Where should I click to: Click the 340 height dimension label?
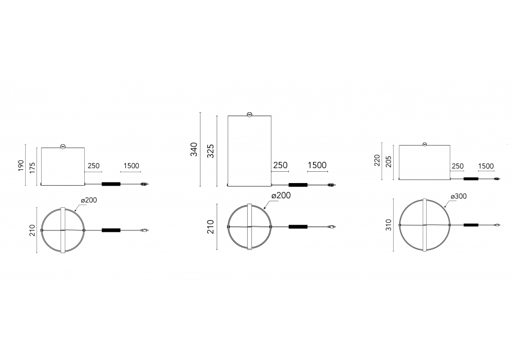coord(194,150)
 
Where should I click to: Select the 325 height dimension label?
coord(211,151)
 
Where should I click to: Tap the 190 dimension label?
coord(21,166)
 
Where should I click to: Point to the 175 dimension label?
coord(32,167)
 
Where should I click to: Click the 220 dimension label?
coord(377,160)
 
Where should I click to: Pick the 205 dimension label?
coord(389,161)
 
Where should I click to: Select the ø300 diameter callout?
coord(458,196)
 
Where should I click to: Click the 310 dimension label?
coord(389,225)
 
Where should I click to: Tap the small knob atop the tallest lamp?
coord(249,115)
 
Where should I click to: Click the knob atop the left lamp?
coord(63,147)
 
